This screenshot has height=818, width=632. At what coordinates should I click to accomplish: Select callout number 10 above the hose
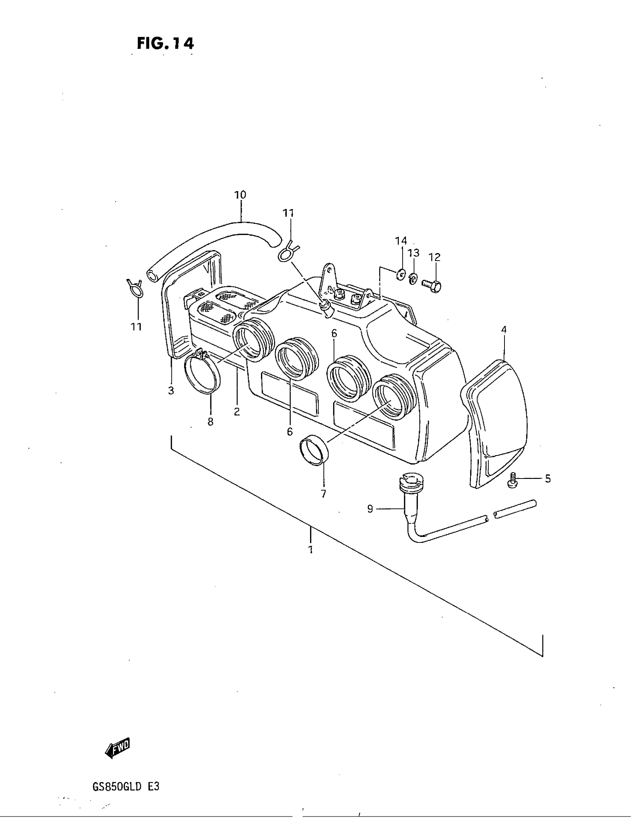(240, 195)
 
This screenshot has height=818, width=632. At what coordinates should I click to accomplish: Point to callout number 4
(504, 330)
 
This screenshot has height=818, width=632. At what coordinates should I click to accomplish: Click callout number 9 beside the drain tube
(370, 509)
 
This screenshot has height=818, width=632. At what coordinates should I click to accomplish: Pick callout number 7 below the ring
(323, 494)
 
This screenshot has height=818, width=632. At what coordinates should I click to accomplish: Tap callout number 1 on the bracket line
(310, 550)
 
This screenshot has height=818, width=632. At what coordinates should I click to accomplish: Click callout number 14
(401, 241)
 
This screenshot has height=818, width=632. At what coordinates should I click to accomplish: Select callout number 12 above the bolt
(435, 257)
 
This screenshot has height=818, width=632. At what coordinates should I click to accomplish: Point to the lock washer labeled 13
(413, 278)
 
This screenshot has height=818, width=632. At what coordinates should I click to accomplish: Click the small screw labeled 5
(512, 480)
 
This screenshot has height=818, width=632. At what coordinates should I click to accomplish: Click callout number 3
(171, 391)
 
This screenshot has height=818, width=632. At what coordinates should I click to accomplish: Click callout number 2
(236, 411)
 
